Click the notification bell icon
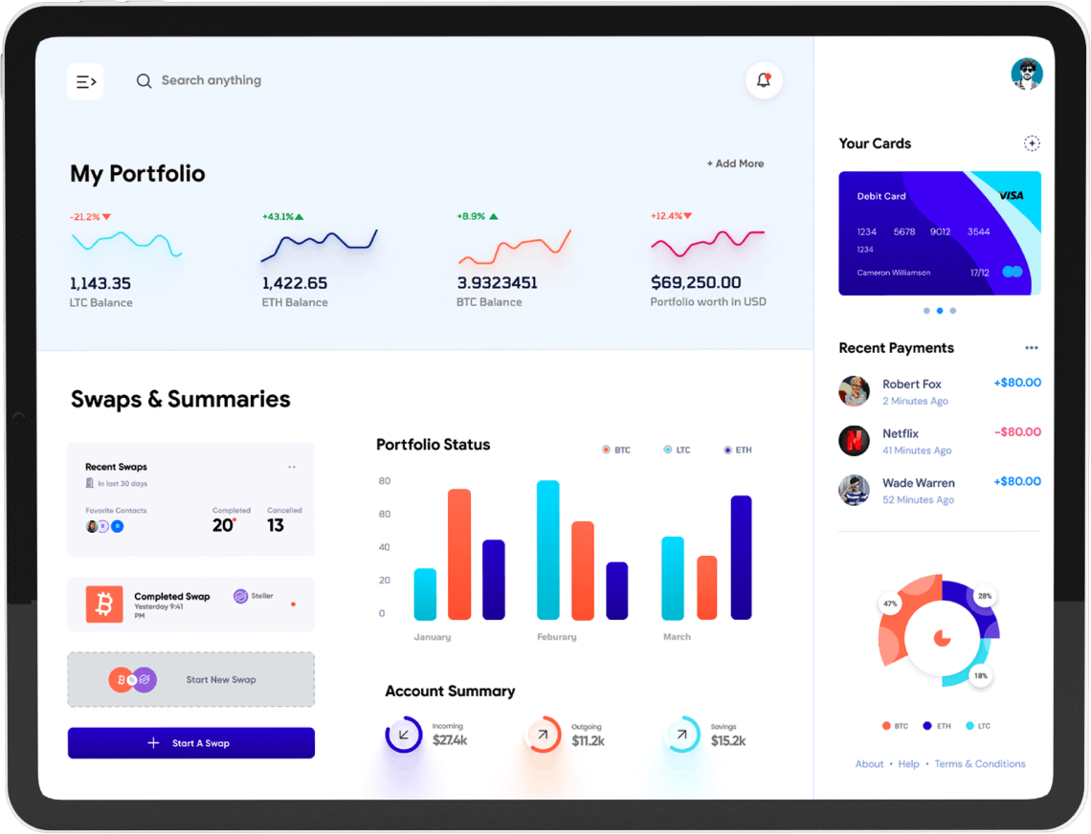point(764,80)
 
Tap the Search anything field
point(211,80)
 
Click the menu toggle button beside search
point(85,81)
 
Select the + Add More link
point(735,164)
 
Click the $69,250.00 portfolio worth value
point(696,282)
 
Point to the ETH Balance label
point(295,302)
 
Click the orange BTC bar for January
point(459,555)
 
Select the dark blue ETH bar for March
point(741,558)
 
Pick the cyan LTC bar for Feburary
point(548,550)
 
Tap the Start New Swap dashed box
point(190,680)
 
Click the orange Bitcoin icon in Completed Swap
point(104,604)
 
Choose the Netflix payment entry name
point(900,433)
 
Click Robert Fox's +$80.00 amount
point(1017,383)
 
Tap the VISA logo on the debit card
point(1011,195)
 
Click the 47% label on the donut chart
point(890,604)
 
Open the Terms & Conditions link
point(979,763)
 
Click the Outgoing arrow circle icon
point(544,735)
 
